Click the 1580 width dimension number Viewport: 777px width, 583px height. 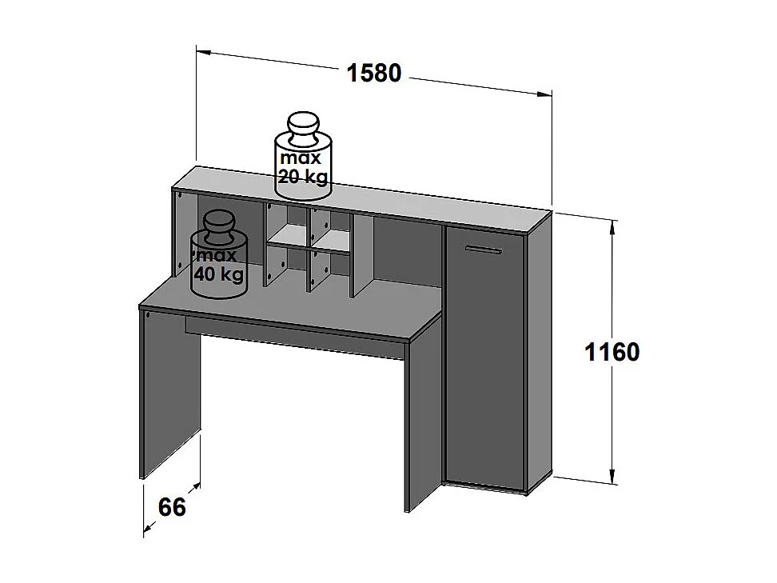[373, 72]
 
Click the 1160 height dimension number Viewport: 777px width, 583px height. [612, 352]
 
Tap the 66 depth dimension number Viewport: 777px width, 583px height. [172, 507]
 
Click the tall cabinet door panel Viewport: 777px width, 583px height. [486, 360]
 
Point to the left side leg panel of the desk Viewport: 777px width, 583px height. [169, 392]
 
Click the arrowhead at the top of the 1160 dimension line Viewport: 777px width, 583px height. [612, 227]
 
